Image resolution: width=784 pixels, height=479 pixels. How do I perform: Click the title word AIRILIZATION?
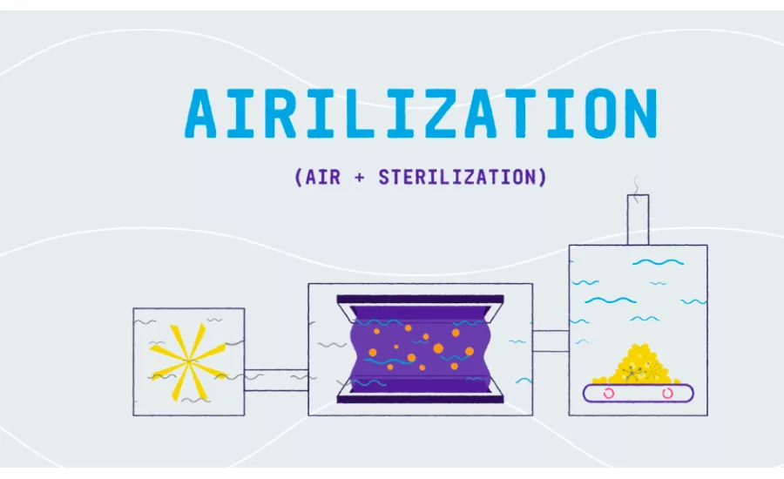(x=421, y=113)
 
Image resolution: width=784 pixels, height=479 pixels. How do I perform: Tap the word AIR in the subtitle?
(x=322, y=177)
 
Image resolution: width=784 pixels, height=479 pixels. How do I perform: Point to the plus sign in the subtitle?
(x=360, y=178)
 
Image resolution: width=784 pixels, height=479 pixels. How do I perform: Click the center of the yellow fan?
(x=188, y=361)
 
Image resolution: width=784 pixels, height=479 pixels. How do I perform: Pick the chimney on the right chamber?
(x=638, y=219)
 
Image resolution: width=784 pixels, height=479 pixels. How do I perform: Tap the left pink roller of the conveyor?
(x=609, y=394)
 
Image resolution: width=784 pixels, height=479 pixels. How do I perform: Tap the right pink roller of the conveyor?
(x=667, y=394)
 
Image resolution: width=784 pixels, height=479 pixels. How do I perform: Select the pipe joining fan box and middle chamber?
(x=276, y=380)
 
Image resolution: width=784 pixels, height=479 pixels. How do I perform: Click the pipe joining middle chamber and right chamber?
(x=551, y=341)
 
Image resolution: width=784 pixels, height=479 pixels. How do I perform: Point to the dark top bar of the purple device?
(x=420, y=300)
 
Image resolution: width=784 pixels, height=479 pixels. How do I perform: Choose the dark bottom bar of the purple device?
(x=420, y=399)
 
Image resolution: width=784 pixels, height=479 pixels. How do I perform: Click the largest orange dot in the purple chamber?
(x=438, y=348)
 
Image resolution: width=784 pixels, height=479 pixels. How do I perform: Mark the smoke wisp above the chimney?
(x=636, y=189)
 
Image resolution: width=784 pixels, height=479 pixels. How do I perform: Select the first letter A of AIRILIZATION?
(x=202, y=113)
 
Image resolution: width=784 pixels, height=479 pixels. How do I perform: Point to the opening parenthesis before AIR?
(x=299, y=178)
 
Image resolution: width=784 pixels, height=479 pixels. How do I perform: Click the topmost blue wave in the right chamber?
(x=658, y=262)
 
